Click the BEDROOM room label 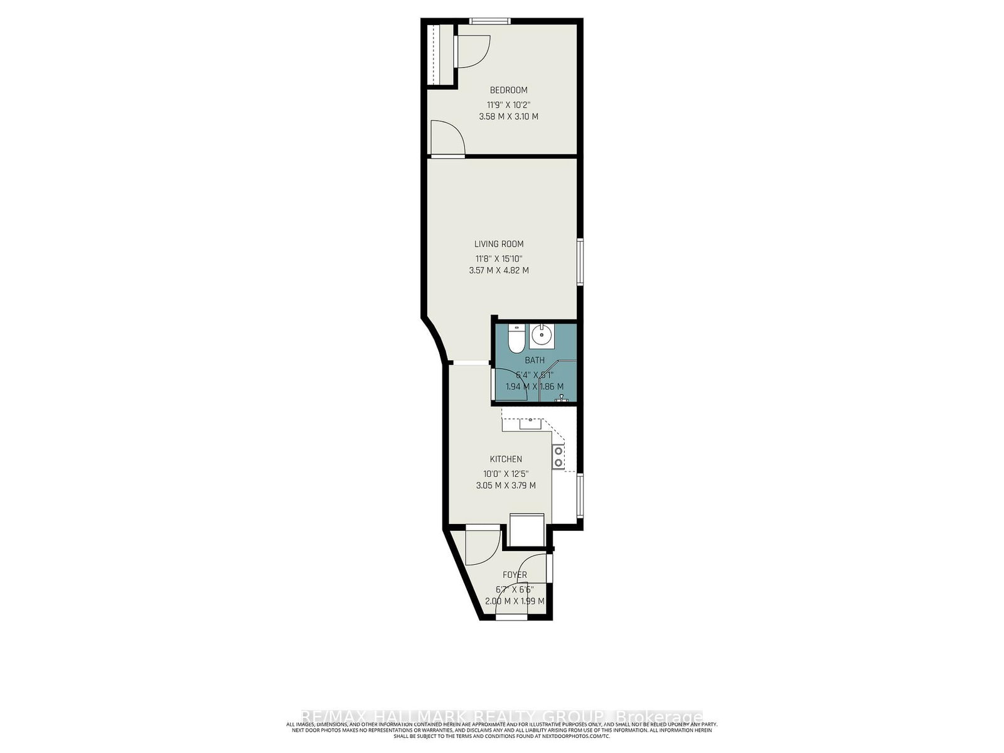point(508,90)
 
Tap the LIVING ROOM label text point(499,244)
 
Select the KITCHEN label point(506,459)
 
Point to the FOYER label point(515,575)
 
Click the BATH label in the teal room point(535,361)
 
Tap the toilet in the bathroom point(516,339)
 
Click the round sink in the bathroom point(541,336)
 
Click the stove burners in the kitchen point(557,457)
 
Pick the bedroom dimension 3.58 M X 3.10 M point(508,117)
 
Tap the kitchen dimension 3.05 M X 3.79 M point(506,486)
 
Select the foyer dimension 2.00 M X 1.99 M point(515,601)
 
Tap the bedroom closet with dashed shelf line point(439,55)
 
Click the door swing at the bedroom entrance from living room point(446,138)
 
